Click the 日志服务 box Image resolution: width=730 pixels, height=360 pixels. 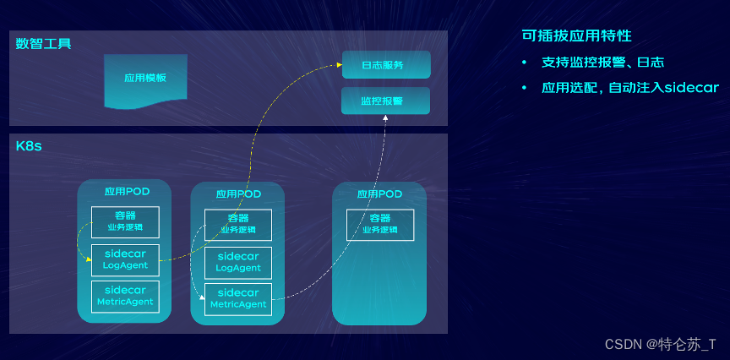[386, 64]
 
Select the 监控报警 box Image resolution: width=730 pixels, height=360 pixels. [386, 101]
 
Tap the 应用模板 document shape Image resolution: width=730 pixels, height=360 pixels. [145, 79]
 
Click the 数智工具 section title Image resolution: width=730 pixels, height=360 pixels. [43, 43]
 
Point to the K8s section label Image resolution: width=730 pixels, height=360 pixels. [29, 146]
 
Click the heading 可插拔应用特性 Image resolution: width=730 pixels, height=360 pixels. [577, 36]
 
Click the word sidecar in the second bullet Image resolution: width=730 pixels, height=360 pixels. [690, 88]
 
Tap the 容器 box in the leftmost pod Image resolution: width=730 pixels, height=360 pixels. [125, 221]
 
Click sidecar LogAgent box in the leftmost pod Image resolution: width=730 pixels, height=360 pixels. [125, 259]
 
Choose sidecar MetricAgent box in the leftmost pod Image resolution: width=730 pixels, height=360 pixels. [125, 296]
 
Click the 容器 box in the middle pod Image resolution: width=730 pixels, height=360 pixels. [238, 223]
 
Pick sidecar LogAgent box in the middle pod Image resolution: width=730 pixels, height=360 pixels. [238, 262]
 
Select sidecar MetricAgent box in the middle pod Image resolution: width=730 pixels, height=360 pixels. [238, 298]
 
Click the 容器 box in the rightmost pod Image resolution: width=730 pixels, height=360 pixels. [380, 224]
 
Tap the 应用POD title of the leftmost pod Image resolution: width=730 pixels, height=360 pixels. [127, 191]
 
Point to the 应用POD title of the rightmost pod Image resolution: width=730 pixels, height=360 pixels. [379, 194]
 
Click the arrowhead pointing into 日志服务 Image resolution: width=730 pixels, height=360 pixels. [338, 65]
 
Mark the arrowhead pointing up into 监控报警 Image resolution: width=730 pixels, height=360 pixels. [385, 117]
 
